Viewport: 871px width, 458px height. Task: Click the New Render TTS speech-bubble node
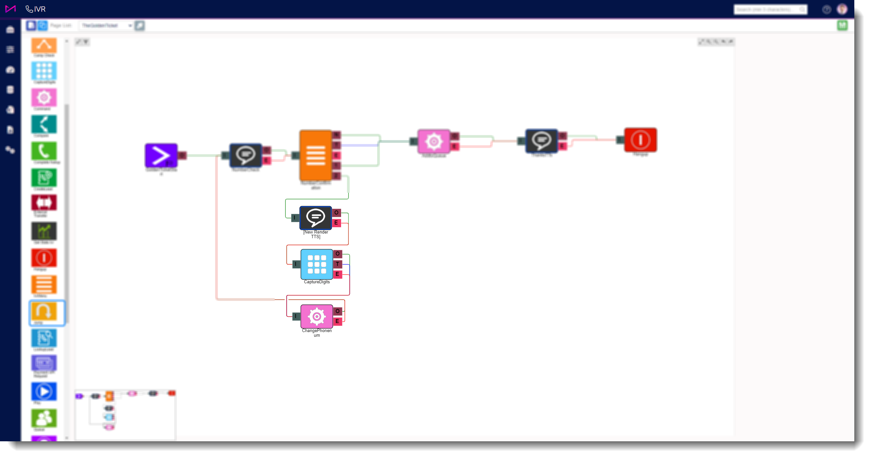(315, 218)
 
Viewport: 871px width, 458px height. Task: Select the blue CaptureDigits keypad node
(316, 264)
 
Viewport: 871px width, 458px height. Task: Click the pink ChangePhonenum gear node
(316, 316)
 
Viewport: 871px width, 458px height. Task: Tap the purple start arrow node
(161, 155)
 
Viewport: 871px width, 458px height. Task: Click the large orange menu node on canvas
(315, 155)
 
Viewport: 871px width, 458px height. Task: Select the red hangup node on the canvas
(640, 140)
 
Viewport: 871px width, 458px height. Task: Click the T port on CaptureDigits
(337, 264)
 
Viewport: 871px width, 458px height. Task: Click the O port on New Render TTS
(336, 212)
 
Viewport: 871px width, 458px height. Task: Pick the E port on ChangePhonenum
(337, 321)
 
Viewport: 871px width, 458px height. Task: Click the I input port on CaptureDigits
(296, 264)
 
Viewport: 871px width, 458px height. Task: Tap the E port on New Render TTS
(336, 223)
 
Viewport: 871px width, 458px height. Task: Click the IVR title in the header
(40, 9)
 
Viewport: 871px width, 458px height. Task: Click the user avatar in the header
(842, 9)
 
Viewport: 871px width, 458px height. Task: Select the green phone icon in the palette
(44, 151)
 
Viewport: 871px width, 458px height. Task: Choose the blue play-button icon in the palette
(44, 392)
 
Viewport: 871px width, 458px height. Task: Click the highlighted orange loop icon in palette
(44, 311)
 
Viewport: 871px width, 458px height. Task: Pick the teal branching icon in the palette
(44, 124)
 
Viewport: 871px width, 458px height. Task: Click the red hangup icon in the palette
(44, 258)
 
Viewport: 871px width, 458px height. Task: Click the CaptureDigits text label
(316, 282)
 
